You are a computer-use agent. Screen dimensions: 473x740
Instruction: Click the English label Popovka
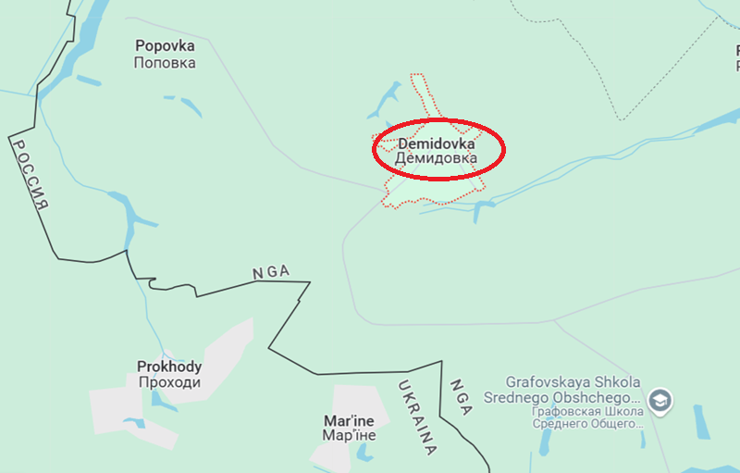(165, 44)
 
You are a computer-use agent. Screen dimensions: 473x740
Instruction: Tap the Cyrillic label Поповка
(165, 63)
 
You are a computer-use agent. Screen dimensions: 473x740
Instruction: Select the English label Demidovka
(437, 144)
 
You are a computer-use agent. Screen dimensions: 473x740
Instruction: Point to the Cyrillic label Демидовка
(437, 159)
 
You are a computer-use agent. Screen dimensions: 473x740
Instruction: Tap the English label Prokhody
(169, 367)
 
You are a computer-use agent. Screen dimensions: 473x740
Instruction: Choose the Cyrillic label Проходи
(169, 382)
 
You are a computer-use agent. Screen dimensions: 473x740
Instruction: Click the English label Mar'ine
(350, 418)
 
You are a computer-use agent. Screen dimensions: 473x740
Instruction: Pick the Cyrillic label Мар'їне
(350, 434)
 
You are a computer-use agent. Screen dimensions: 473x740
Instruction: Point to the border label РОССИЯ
(29, 176)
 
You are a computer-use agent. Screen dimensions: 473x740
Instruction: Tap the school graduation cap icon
(660, 401)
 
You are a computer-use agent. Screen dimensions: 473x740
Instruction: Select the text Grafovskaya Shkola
(573, 381)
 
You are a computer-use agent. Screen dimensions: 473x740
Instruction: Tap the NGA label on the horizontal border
(270, 272)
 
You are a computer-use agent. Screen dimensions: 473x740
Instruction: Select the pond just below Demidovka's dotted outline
(478, 211)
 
